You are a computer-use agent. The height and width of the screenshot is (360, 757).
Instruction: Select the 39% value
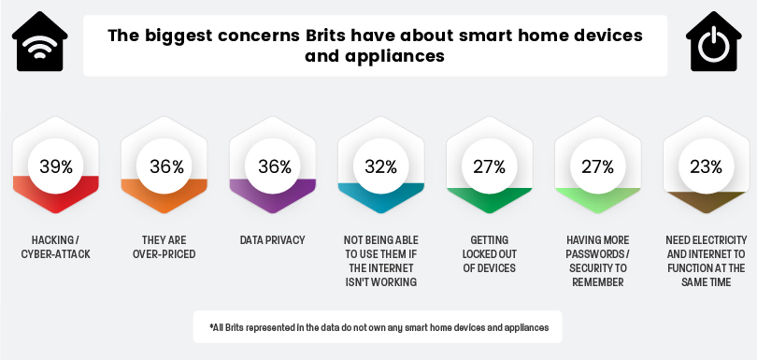click(x=56, y=166)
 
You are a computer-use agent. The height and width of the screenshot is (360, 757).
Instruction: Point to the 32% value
click(x=381, y=166)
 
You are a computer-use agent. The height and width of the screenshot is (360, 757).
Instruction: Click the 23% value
click(x=707, y=166)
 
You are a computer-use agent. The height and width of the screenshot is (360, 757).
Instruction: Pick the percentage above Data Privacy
click(x=274, y=166)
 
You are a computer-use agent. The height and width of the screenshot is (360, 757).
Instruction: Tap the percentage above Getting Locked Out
click(x=489, y=166)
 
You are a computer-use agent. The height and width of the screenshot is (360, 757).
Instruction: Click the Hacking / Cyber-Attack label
click(x=56, y=247)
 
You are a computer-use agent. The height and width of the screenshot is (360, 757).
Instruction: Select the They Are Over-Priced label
click(x=164, y=247)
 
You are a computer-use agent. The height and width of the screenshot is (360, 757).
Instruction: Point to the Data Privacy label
click(x=273, y=240)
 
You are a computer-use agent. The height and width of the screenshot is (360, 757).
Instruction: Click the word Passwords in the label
click(x=596, y=254)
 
